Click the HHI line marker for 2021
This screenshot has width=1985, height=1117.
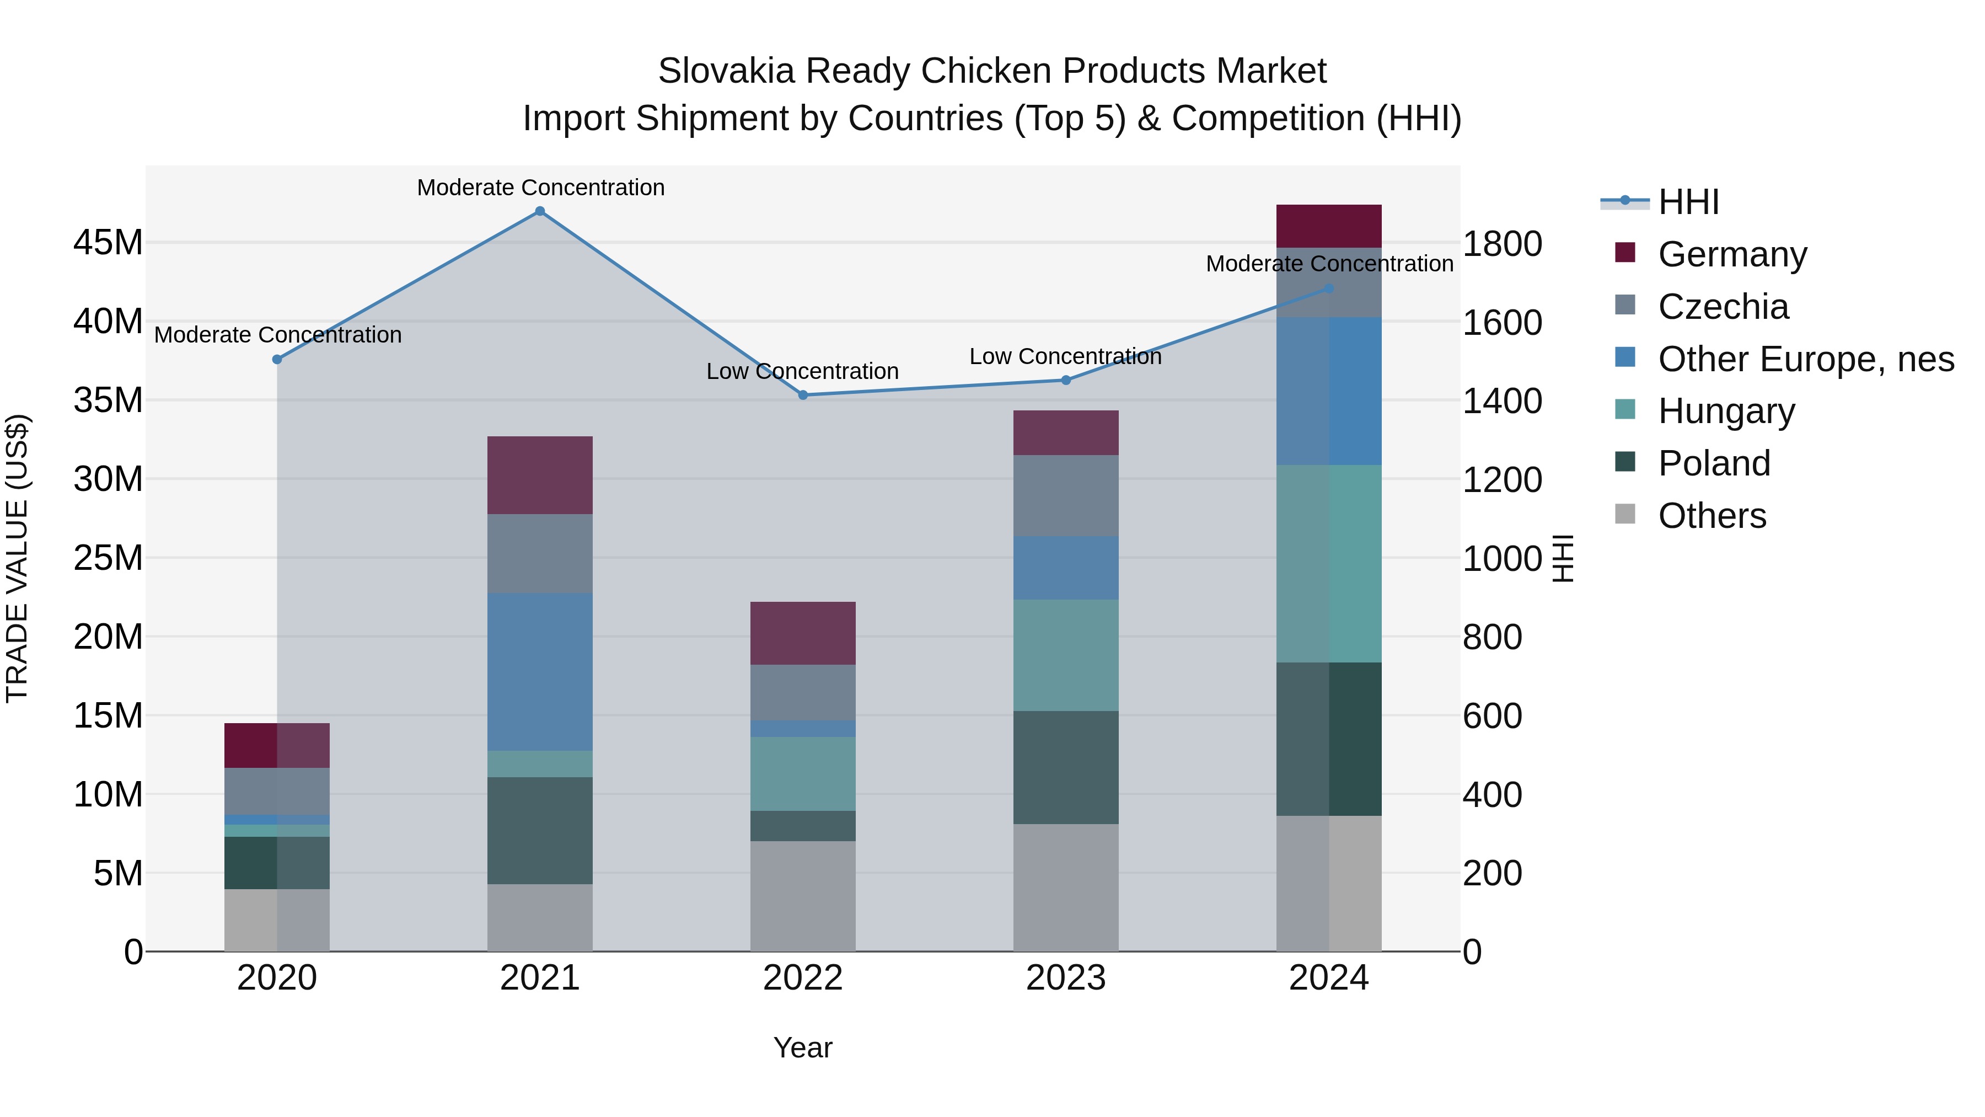click(540, 211)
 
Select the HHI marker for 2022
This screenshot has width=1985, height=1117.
click(803, 395)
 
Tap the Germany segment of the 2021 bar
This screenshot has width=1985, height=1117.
click(540, 475)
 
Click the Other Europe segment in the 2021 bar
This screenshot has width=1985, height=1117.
click(540, 671)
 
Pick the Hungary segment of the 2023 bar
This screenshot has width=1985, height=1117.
click(1066, 655)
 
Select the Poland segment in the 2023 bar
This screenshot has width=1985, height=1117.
click(1066, 767)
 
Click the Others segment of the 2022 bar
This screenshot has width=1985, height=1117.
click(803, 896)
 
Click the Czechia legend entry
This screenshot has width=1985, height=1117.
click(1723, 307)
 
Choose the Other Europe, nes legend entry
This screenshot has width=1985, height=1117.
click(1805, 359)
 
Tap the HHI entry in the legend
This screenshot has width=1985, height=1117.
click(1688, 202)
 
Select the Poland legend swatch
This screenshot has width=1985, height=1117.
click(1625, 463)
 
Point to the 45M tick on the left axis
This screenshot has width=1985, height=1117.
click(108, 243)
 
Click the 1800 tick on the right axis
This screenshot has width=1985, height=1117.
click(1502, 244)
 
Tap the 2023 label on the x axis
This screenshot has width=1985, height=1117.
click(1066, 978)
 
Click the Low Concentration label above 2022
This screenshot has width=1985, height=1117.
click(803, 372)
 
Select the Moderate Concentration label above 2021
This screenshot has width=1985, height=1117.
click(540, 188)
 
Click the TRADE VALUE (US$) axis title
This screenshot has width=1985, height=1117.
click(17, 558)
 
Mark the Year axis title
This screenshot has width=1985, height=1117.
click(803, 1047)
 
